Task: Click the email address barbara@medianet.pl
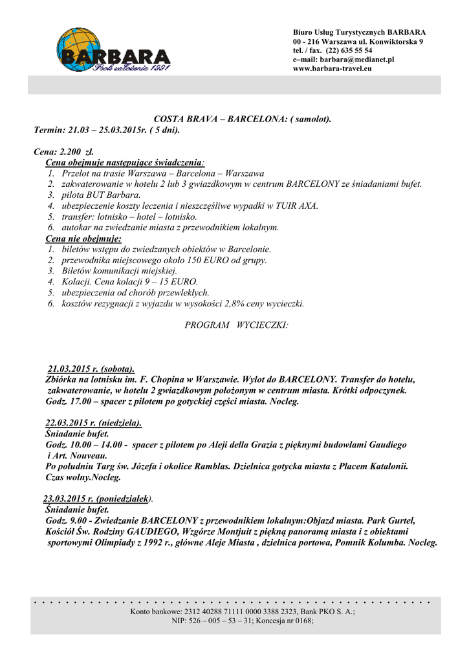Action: [x=358, y=59]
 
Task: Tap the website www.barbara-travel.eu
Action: [x=333, y=69]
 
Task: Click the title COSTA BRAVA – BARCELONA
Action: [x=221, y=120]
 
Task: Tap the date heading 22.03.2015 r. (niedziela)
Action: [x=94, y=423]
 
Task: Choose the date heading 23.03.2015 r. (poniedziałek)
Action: [x=97, y=500]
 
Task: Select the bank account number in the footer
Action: [x=245, y=612]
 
